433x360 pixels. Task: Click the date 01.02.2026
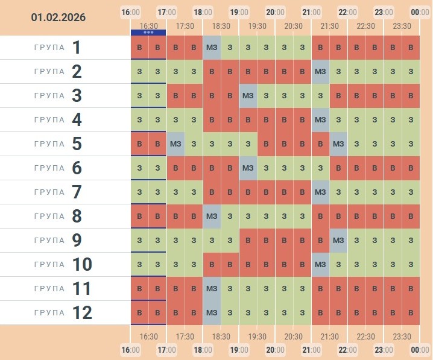(58, 17)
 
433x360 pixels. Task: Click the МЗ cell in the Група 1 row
(212, 48)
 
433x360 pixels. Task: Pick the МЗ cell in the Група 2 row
(320, 72)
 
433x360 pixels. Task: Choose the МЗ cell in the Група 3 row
(248, 96)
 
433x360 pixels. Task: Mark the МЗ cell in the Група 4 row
(320, 120)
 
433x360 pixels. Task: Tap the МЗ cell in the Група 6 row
(248, 168)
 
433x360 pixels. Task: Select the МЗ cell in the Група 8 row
(212, 216)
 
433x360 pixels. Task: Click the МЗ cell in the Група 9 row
(338, 241)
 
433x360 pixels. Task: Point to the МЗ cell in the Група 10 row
(320, 265)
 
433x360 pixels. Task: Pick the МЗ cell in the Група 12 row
(212, 313)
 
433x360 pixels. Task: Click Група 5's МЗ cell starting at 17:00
(175, 144)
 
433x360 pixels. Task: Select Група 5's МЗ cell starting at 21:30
(338, 144)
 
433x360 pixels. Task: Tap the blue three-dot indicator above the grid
(148, 32)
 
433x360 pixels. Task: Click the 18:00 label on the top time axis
(203, 11)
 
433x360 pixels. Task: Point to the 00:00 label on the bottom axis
(420, 350)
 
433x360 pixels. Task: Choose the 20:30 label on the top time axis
(293, 26)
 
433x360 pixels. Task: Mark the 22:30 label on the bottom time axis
(365, 336)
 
